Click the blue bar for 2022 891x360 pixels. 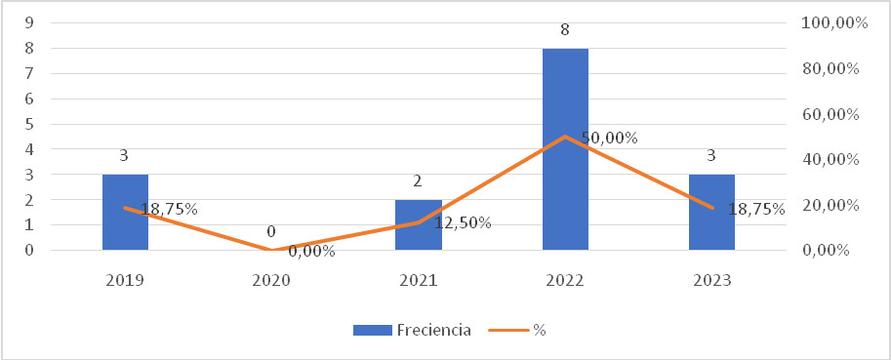click(x=565, y=148)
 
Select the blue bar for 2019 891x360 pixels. click(x=125, y=212)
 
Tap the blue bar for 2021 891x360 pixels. click(x=419, y=224)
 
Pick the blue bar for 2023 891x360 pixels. click(x=711, y=212)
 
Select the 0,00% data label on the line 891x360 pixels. click(x=311, y=252)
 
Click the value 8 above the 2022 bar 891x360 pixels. click(x=565, y=30)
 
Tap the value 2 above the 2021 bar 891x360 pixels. click(x=419, y=182)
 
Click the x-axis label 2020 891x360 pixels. click(x=272, y=280)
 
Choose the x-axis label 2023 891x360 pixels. click(x=711, y=280)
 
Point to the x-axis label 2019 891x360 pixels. click(x=125, y=280)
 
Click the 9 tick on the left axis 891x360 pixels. click(x=31, y=22)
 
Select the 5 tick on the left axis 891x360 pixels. click(x=31, y=124)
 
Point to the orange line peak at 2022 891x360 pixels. click(x=565, y=137)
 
